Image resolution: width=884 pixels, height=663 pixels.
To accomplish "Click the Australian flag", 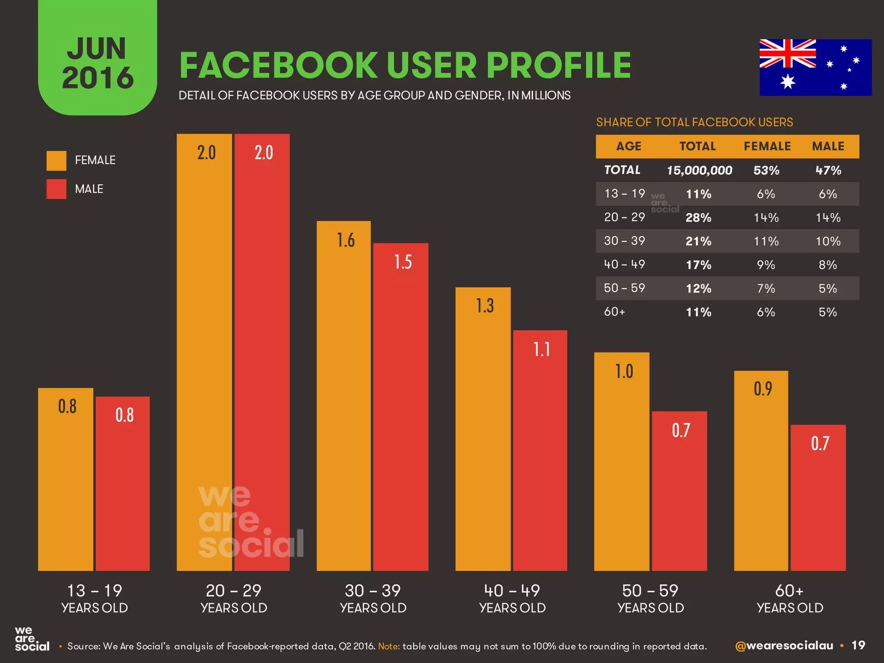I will click(815, 67).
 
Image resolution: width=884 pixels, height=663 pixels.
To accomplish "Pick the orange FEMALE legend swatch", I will click(57, 161).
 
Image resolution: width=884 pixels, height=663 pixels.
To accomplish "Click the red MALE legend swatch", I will click(57, 189).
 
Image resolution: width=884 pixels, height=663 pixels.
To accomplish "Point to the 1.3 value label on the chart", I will click(485, 306).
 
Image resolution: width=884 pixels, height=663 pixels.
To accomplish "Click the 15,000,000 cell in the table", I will click(699, 170).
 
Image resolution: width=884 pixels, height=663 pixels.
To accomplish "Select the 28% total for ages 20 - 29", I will click(698, 218).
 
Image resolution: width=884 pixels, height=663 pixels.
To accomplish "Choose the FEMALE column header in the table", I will click(767, 146).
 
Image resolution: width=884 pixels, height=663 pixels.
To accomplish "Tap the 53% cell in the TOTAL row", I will click(766, 170).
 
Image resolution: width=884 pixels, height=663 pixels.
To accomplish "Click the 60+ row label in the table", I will click(614, 312).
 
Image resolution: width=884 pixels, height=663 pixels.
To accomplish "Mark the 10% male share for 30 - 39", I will click(828, 241).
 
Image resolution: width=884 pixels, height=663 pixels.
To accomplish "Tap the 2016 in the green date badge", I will click(98, 78).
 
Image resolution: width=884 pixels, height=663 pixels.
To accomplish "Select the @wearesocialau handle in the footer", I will click(784, 646).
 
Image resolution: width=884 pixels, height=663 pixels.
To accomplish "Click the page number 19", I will click(858, 645).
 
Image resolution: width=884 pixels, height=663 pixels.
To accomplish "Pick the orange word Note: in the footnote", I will click(389, 646).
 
